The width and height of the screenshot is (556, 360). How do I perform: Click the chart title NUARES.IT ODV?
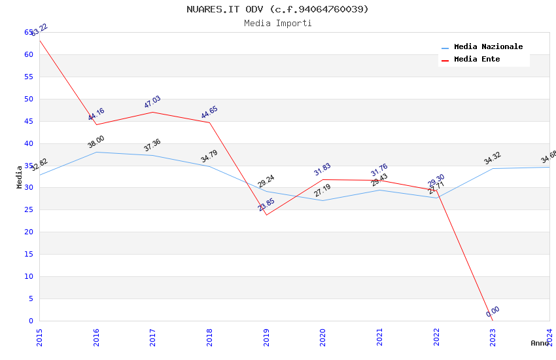[x=277, y=9]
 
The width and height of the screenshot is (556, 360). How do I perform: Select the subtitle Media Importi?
[x=277, y=23]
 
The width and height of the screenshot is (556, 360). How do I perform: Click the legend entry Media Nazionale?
[x=488, y=47]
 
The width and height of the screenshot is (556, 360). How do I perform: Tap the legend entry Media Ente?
[x=477, y=60]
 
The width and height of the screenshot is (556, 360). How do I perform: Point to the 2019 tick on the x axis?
[x=266, y=334]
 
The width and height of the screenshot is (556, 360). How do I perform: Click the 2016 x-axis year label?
[x=96, y=334]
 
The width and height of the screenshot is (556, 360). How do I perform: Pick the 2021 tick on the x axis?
[x=379, y=334]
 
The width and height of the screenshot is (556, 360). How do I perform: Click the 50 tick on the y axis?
[x=29, y=99]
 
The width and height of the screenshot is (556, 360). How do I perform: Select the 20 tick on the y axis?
[x=29, y=232]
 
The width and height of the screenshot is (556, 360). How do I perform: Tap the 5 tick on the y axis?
[x=31, y=298]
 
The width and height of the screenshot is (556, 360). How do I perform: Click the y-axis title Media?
[x=20, y=177]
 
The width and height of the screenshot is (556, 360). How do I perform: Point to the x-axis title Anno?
[x=540, y=343]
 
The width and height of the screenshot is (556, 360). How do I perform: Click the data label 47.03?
[x=152, y=102]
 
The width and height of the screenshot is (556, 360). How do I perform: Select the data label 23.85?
[x=266, y=205]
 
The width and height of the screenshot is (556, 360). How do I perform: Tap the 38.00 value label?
[x=96, y=142]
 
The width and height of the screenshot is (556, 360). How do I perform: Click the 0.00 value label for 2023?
[x=493, y=312]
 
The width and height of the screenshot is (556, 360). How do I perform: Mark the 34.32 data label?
[x=493, y=158]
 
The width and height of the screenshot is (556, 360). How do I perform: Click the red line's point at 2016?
[x=96, y=124]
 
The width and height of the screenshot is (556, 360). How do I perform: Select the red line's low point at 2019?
[x=266, y=215]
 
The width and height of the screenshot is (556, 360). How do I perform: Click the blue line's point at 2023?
[x=493, y=168]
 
